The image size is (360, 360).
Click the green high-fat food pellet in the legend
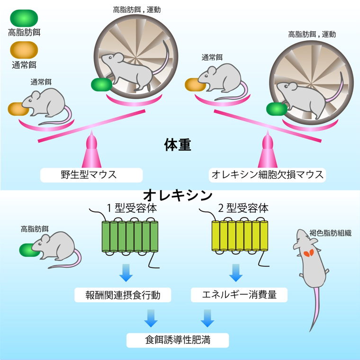pyautogui.click(x=24, y=18)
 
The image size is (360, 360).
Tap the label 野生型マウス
pyautogui.click(x=91, y=175)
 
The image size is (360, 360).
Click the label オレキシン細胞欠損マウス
pyautogui.click(x=268, y=175)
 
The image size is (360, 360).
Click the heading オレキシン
pyautogui.click(x=178, y=195)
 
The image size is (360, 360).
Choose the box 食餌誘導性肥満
pyautogui.click(x=178, y=340)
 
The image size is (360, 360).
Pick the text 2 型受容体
pyautogui.click(x=243, y=208)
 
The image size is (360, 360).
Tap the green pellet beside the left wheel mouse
pyautogui.click(x=101, y=85)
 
